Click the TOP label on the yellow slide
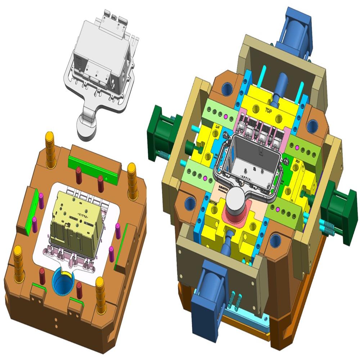point(267,108)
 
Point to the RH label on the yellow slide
point(298,162)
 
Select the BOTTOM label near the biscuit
point(213,203)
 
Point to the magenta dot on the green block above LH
point(226,117)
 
